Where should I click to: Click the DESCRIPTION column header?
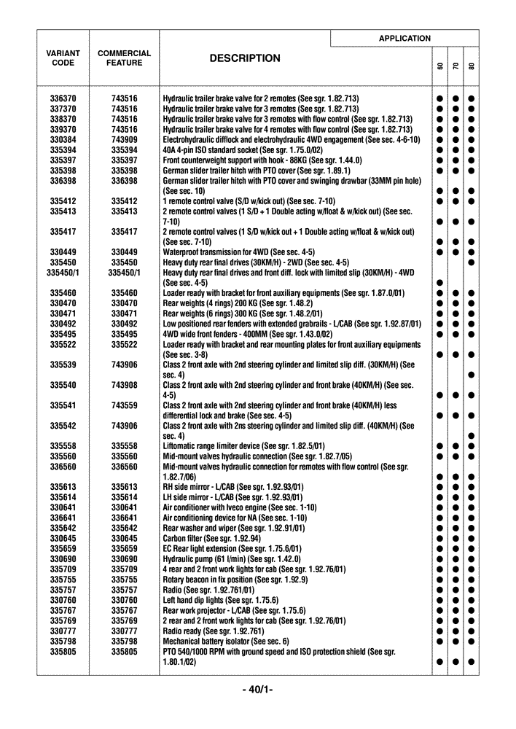tap(245, 59)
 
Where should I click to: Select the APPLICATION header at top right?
tap(404, 39)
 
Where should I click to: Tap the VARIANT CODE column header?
tap(63, 58)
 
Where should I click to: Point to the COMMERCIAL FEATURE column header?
tap(125, 58)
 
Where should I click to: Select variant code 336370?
tap(63, 98)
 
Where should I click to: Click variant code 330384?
tap(63, 139)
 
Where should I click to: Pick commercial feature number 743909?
tap(125, 139)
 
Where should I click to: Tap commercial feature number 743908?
tap(125, 384)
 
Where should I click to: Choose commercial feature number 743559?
tap(125, 405)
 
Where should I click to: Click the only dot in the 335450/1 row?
tap(440, 282)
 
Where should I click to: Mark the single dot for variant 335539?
tap(472, 375)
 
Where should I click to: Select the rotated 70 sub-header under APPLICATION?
tap(456, 66)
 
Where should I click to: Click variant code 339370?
tap(63, 129)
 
